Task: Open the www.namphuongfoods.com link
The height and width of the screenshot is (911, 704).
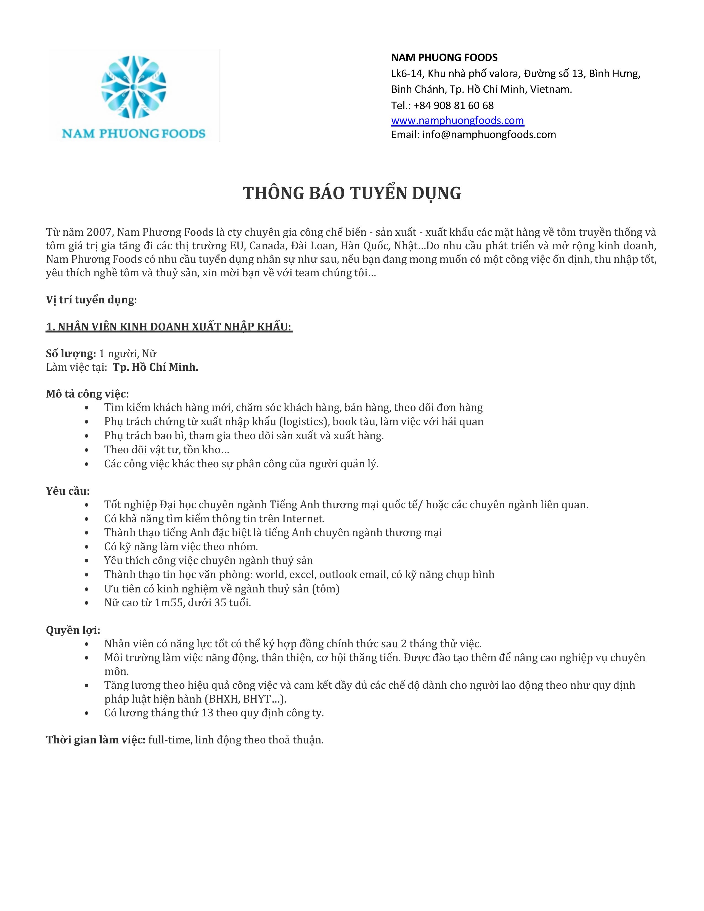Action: [x=457, y=121]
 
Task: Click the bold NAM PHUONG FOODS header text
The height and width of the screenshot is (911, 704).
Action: [x=444, y=58]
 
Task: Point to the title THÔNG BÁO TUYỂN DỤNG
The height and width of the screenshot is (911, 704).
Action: [x=351, y=193]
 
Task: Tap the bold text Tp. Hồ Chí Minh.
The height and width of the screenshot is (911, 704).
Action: [x=155, y=367]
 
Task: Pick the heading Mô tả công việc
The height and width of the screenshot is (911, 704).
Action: [x=87, y=394]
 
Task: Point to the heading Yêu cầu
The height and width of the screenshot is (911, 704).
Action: [x=68, y=491]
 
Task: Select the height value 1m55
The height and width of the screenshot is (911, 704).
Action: [x=169, y=603]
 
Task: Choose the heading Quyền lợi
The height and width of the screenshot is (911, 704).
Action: [x=73, y=630]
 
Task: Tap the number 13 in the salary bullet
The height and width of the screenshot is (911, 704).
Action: [x=207, y=713]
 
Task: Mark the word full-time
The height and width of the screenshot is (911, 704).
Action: [x=170, y=740]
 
